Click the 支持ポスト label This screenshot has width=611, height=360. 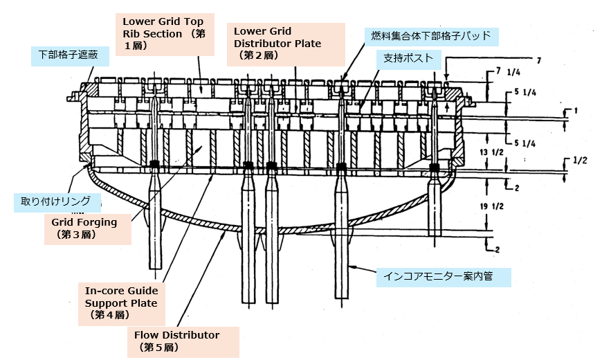pyautogui.click(x=408, y=59)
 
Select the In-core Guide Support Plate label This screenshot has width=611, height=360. pyautogui.click(x=121, y=303)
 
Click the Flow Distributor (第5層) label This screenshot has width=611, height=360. pyautogui.click(x=177, y=341)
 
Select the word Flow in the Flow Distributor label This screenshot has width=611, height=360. pyautogui.click(x=147, y=335)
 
